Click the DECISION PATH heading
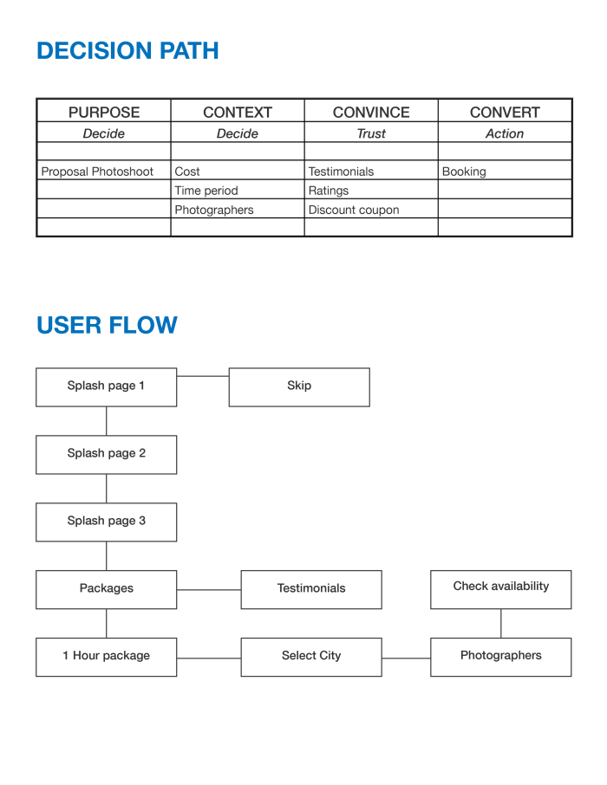(127, 51)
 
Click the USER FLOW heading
(107, 326)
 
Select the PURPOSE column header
(104, 112)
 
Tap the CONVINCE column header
(371, 112)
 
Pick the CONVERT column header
(505, 112)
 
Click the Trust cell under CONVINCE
(371, 133)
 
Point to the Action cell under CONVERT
(505, 133)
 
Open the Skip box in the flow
(299, 386)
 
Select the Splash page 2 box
(107, 454)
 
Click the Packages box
(107, 589)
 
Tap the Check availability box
(501, 587)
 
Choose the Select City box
(311, 657)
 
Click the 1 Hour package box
(107, 657)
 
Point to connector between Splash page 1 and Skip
(203, 376)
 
